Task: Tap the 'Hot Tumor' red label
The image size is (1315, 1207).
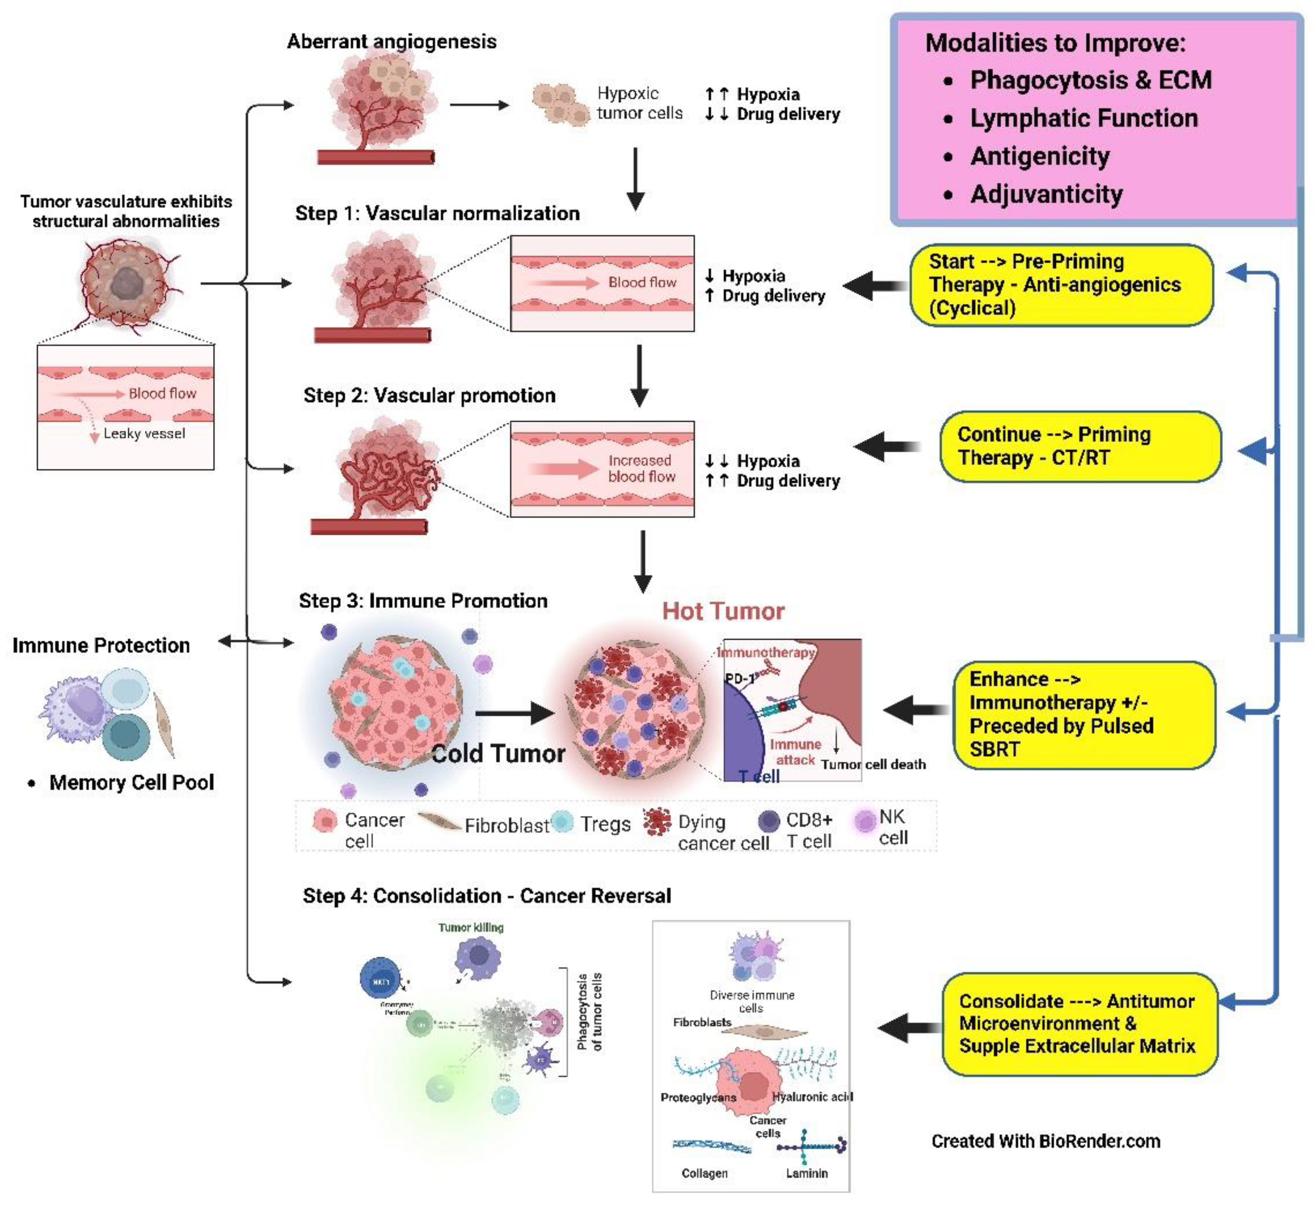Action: pyautogui.click(x=723, y=612)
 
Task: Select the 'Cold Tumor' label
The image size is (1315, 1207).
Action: pyautogui.click(x=498, y=754)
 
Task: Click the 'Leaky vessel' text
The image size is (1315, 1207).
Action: pyautogui.click(x=144, y=434)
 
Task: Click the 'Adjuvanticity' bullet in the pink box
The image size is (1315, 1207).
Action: pyautogui.click(x=1046, y=194)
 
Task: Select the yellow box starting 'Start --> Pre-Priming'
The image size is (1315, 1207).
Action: pyautogui.click(x=1061, y=285)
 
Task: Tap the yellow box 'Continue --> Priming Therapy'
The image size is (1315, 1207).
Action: pyautogui.click(x=1079, y=446)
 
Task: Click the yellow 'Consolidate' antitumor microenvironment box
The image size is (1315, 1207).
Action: pyautogui.click(x=1079, y=1023)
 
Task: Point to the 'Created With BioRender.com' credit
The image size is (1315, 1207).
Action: pyautogui.click(x=1046, y=1141)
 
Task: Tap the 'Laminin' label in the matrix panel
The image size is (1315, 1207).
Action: pyautogui.click(x=806, y=1174)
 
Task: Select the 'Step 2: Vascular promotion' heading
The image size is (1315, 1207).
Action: pyautogui.click(x=429, y=396)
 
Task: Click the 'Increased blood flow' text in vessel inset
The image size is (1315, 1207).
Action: pyautogui.click(x=640, y=469)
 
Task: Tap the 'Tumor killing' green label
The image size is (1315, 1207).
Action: pyautogui.click(x=471, y=927)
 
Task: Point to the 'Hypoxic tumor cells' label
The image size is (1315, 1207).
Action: pyautogui.click(x=639, y=103)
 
